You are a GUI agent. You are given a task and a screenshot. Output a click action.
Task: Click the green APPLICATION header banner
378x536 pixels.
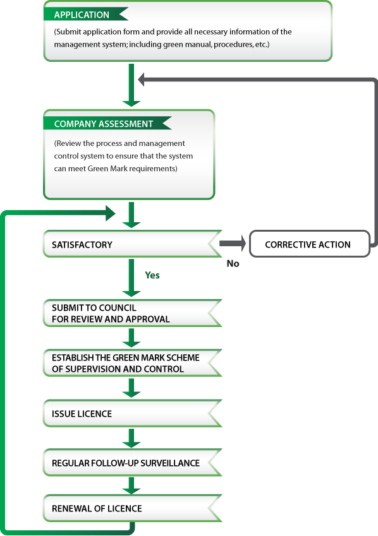(85, 14)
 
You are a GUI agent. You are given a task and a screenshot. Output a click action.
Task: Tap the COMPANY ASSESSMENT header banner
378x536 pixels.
(107, 123)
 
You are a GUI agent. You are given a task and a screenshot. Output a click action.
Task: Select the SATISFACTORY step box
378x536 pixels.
(133, 244)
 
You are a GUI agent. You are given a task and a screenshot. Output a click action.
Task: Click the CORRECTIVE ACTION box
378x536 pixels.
(310, 244)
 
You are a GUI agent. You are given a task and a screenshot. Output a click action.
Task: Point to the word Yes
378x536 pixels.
(152, 275)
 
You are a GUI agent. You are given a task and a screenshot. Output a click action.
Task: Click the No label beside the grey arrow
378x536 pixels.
(233, 263)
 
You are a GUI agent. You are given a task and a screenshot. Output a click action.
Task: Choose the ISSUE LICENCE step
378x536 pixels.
(133, 414)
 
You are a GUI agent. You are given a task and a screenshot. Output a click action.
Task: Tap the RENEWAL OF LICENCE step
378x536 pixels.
(133, 508)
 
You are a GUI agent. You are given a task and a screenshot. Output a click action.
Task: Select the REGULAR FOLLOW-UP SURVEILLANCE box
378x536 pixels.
(133, 463)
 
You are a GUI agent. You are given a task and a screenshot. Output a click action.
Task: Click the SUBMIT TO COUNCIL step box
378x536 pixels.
(133, 313)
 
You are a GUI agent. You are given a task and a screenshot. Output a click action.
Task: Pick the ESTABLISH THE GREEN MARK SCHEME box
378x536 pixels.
(133, 363)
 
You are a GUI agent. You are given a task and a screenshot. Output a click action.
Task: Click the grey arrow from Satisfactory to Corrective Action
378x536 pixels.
(233, 244)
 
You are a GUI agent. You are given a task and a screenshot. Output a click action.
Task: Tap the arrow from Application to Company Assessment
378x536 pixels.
(131, 85)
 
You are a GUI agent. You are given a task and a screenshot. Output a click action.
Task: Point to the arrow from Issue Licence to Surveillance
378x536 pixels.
(131, 438)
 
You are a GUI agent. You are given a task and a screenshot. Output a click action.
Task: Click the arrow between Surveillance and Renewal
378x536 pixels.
(131, 485)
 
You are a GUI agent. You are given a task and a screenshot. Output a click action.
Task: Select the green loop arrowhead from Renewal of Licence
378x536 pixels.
(111, 213)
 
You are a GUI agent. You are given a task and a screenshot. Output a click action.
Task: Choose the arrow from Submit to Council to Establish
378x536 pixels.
(131, 338)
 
